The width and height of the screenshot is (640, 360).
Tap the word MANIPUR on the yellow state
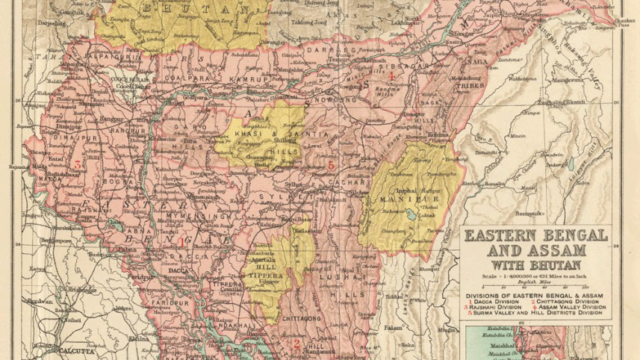(401, 200)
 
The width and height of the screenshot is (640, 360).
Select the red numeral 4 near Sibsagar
(391, 75)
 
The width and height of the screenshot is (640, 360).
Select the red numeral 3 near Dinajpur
(77, 163)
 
